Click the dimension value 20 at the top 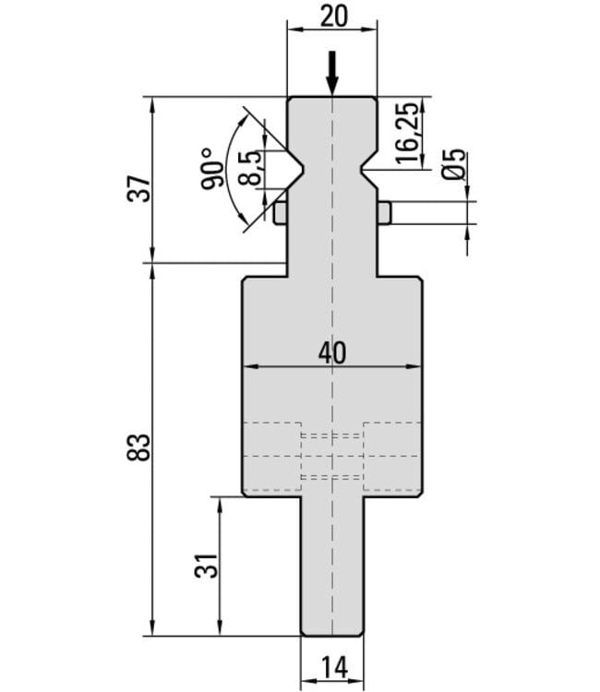333,17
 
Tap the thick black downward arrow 332,73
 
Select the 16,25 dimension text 407,133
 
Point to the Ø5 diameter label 454,163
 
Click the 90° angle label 213,168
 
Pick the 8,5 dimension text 249,167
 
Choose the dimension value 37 138,188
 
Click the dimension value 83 138,447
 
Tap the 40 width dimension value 332,353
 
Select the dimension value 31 206,566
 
